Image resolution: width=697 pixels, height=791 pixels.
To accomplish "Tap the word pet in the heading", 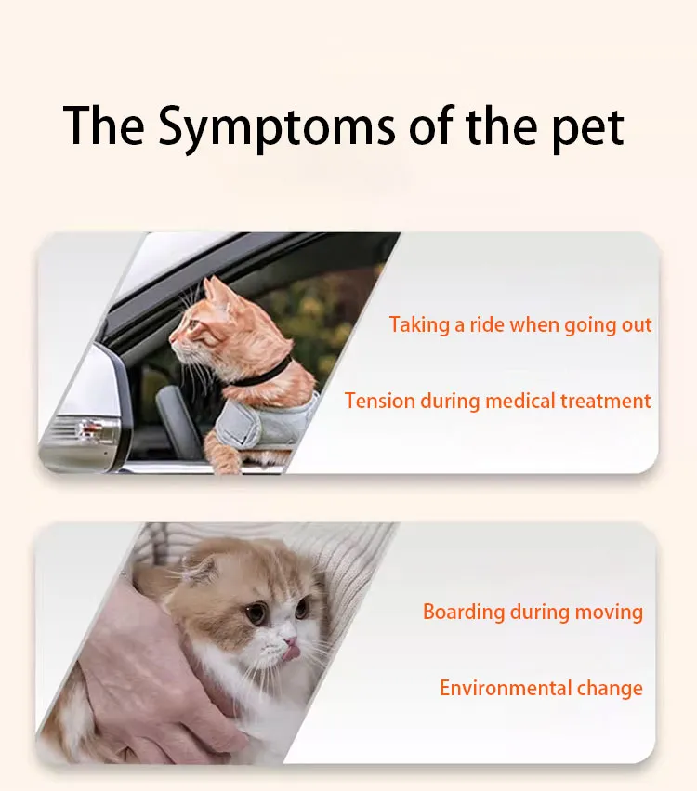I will coord(585,126).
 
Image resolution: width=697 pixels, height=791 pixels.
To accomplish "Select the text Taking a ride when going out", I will coord(520,324).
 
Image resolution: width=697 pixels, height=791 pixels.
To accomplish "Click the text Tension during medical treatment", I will coord(497,401).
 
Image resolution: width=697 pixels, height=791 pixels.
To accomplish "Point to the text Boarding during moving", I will coord(533,612).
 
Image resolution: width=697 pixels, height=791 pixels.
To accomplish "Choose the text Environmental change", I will coord(541,688).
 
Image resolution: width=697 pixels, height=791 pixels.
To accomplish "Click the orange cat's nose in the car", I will coord(171,343).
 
